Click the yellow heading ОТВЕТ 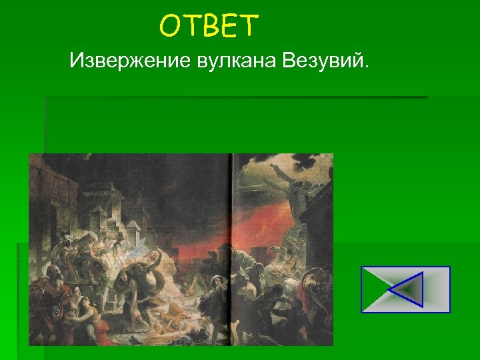click(x=208, y=27)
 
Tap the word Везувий click(x=324, y=63)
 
